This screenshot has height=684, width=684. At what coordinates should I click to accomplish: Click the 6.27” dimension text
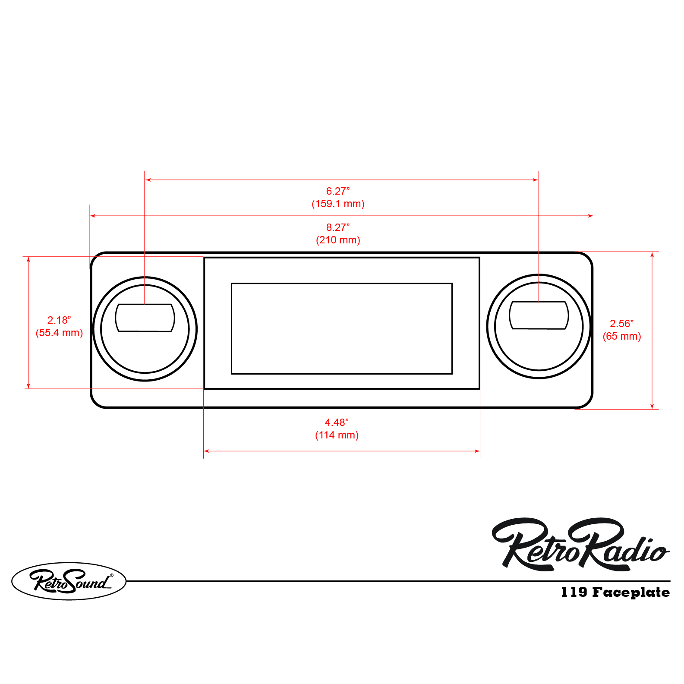pyautogui.click(x=337, y=191)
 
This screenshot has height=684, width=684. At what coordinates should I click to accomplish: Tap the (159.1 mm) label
pyautogui.click(x=338, y=204)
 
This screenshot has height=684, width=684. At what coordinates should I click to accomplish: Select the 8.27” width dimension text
pyautogui.click(x=337, y=227)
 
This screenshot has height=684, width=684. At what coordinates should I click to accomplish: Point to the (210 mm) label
pyautogui.click(x=338, y=240)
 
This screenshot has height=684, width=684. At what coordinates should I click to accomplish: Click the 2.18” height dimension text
pyautogui.click(x=59, y=320)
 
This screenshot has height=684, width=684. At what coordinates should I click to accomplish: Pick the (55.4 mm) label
pyautogui.click(x=59, y=333)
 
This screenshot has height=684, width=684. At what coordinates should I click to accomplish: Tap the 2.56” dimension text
pyautogui.click(x=621, y=324)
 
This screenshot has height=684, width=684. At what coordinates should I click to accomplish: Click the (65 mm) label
pyautogui.click(x=621, y=336)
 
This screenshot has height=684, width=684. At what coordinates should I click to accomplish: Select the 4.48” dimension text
pyautogui.click(x=337, y=422)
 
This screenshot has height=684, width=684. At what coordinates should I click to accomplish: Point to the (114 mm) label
pyautogui.click(x=337, y=435)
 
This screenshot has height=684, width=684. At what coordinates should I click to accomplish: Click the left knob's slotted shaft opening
pyautogui.click(x=145, y=318)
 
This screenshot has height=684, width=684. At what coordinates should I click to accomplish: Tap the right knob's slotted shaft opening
pyautogui.click(x=539, y=315)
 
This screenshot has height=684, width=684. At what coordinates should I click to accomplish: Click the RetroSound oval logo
pyautogui.click(x=69, y=581)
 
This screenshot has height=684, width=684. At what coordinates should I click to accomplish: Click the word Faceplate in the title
pyautogui.click(x=630, y=593)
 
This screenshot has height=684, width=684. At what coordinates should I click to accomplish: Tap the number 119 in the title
pyautogui.click(x=574, y=592)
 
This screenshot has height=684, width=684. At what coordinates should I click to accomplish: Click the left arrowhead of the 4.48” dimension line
pyautogui.click(x=206, y=451)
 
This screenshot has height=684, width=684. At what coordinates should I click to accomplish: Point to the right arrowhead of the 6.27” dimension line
pyautogui.click(x=536, y=180)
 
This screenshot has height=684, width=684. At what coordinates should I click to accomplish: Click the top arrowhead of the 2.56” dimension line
pyautogui.click(x=652, y=255)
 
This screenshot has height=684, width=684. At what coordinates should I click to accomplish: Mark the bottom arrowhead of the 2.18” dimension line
pyautogui.click(x=28, y=386)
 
